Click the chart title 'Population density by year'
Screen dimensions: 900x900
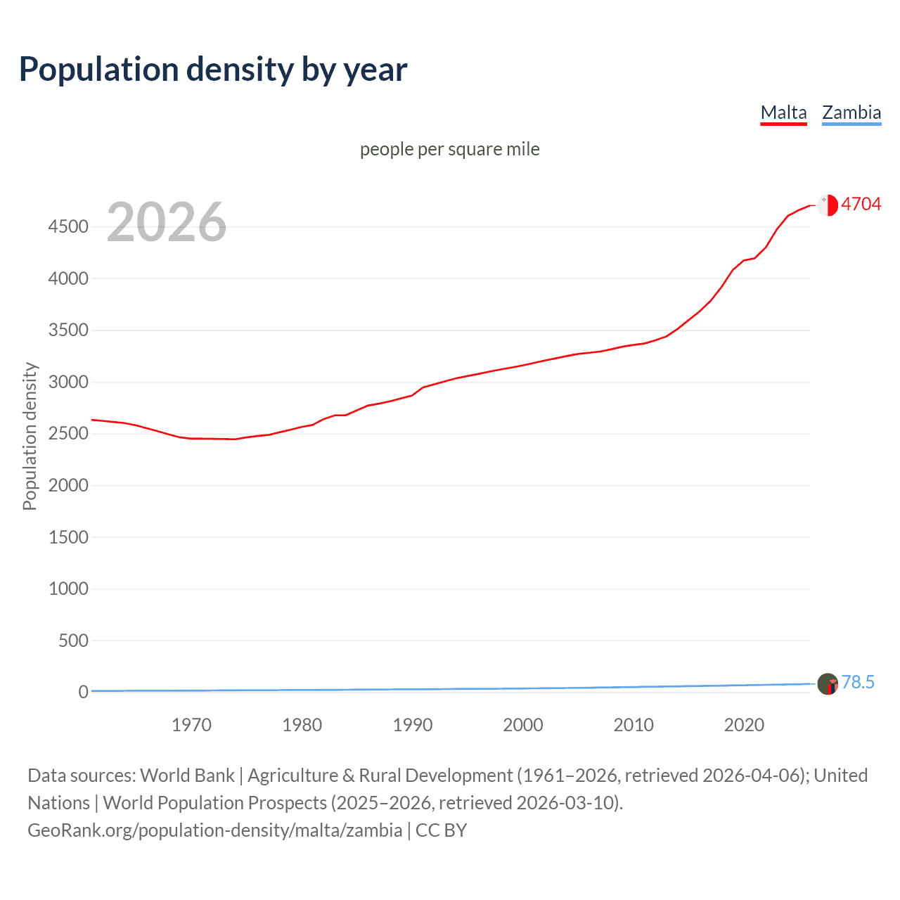pos(213,70)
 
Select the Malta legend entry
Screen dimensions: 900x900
pos(783,112)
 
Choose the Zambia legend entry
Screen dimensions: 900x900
pos(851,112)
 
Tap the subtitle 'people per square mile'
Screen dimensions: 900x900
pos(449,150)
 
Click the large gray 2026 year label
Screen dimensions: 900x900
pos(167,222)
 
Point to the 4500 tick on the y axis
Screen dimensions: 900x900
pos(68,227)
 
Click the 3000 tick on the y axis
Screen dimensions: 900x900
pos(68,382)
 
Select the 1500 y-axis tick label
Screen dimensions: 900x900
pos(68,538)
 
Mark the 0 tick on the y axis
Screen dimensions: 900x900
pos(83,693)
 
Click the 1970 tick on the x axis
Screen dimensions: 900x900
pos(191,725)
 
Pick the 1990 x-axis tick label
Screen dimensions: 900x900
pos(413,725)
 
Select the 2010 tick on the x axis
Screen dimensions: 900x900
pos(634,725)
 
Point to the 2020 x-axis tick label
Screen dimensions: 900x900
pos(744,725)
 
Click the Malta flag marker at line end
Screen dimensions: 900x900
pos(828,205)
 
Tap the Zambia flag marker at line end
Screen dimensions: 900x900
pos(828,683)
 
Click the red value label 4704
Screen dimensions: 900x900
pos(861,205)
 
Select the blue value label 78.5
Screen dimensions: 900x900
pos(858,683)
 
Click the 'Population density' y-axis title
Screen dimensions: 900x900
pos(30,436)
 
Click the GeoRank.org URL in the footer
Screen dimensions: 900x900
pos(214,830)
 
